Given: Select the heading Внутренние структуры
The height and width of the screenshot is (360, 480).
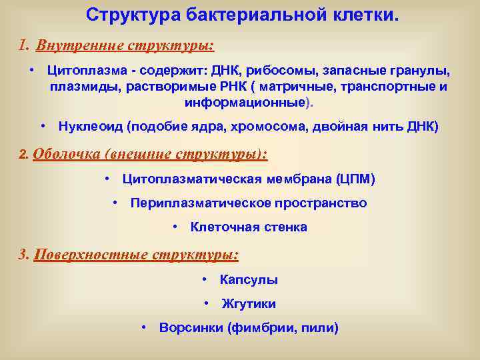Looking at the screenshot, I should (125, 46).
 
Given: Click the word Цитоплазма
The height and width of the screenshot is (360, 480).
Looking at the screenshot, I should (83, 71).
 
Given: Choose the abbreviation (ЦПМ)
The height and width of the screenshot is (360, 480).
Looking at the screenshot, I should (356, 179).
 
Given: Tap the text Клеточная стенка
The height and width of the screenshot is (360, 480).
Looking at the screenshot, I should (249, 227).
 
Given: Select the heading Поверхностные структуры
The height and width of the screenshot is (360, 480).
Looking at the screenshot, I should (136, 255).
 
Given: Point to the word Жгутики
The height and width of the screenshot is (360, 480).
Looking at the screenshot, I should (249, 304).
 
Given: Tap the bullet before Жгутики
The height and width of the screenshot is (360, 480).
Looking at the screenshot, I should (207, 303).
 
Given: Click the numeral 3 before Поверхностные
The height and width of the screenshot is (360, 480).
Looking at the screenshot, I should (23, 255).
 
